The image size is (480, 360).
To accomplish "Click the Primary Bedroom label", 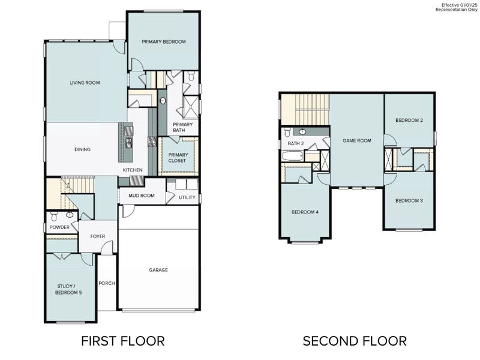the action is [x=164, y=41].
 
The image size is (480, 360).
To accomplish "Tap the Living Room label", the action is [x=85, y=83].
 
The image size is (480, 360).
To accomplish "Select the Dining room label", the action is [x=82, y=149].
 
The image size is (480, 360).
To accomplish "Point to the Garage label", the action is [x=158, y=270].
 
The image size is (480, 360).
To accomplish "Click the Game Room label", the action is [x=357, y=140].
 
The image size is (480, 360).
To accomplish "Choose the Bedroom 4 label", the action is [x=305, y=212].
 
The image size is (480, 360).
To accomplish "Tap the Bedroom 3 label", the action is [x=409, y=200].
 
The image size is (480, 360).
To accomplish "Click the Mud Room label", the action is [x=142, y=196].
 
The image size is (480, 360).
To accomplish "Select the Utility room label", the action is [x=187, y=197].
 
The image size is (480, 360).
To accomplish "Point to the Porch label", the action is [x=107, y=283].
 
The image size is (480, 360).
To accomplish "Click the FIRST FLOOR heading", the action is [x=123, y=341].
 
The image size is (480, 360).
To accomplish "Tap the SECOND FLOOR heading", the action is [x=355, y=341].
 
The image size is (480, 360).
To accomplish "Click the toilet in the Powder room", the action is [x=54, y=216].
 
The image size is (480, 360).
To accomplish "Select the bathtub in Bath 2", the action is [x=292, y=156].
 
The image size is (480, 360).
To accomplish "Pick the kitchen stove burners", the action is [x=152, y=142].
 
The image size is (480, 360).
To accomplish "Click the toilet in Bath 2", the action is [x=287, y=132].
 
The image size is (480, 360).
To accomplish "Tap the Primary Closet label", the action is [x=178, y=158].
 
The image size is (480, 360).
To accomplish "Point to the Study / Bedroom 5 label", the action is [x=68, y=289].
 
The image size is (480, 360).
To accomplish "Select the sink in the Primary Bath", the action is [x=163, y=101].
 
